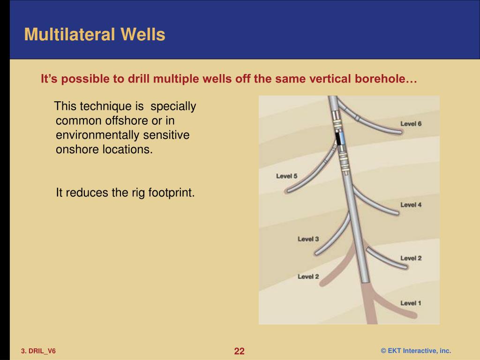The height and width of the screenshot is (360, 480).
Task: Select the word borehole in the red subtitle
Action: point(387,79)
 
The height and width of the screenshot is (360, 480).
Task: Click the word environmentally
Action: point(97,135)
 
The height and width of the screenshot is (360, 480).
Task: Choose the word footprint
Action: point(171,192)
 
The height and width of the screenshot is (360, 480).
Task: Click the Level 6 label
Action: point(411,124)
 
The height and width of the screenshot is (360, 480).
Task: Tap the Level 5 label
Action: point(286,176)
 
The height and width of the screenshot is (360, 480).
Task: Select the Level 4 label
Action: point(411,205)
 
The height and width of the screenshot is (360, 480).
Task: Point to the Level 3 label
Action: point(308,239)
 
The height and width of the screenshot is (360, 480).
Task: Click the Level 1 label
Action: point(411,303)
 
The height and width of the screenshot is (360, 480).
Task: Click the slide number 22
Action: point(240,351)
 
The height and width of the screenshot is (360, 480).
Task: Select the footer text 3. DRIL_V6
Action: point(38,351)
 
